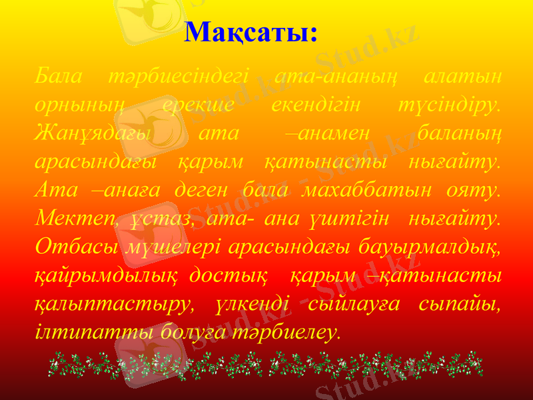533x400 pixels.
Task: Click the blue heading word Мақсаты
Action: pos(251,31)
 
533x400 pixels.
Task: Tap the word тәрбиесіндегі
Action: pos(178,76)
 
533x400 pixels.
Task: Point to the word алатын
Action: pos(463,76)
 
